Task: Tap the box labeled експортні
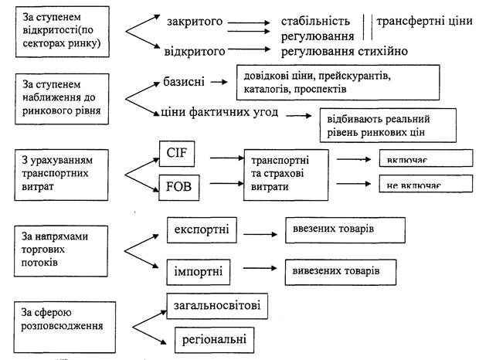point(202,229)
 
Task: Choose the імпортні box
point(200,273)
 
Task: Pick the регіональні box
point(209,339)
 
